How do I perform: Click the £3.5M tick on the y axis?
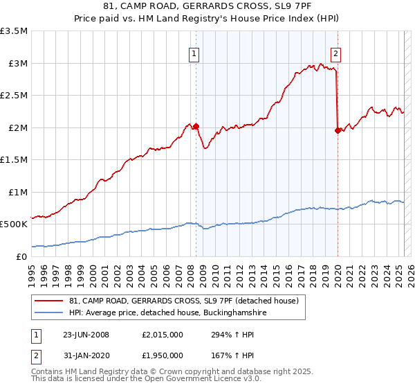[x=15, y=31]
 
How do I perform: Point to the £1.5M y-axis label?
[x=15, y=159]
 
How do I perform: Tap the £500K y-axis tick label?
[x=15, y=224]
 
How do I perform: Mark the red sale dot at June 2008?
[x=196, y=127]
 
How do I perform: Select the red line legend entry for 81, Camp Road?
[x=183, y=300]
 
